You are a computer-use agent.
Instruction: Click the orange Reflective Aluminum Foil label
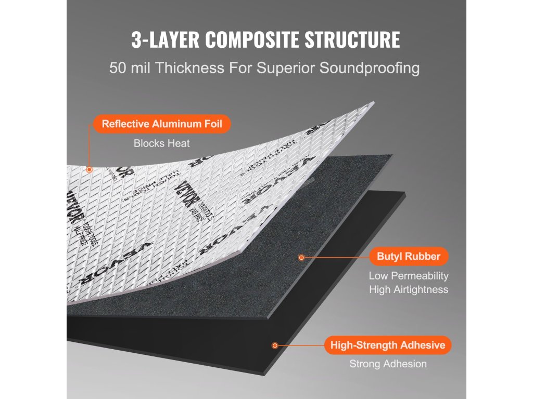click(x=161, y=124)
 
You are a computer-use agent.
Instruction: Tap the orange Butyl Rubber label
click(x=409, y=256)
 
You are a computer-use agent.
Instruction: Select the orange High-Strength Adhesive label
click(x=387, y=345)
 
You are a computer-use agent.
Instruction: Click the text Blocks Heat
click(x=162, y=143)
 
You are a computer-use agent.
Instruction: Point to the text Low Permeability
click(x=409, y=276)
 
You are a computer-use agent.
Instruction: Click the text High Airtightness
click(x=409, y=289)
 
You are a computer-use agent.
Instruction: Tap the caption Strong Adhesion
click(x=388, y=364)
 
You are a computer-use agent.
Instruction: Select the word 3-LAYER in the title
click(x=165, y=40)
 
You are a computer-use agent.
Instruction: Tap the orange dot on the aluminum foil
click(x=90, y=169)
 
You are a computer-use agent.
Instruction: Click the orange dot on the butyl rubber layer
click(x=301, y=257)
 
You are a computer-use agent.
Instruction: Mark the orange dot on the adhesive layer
click(x=275, y=345)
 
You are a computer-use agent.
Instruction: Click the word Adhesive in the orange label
click(x=422, y=345)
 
